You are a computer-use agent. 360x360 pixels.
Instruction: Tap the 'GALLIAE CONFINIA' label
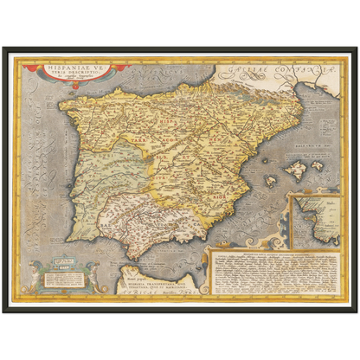pos(273,66)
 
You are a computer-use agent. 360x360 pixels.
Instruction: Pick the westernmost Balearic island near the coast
pos(270,182)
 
